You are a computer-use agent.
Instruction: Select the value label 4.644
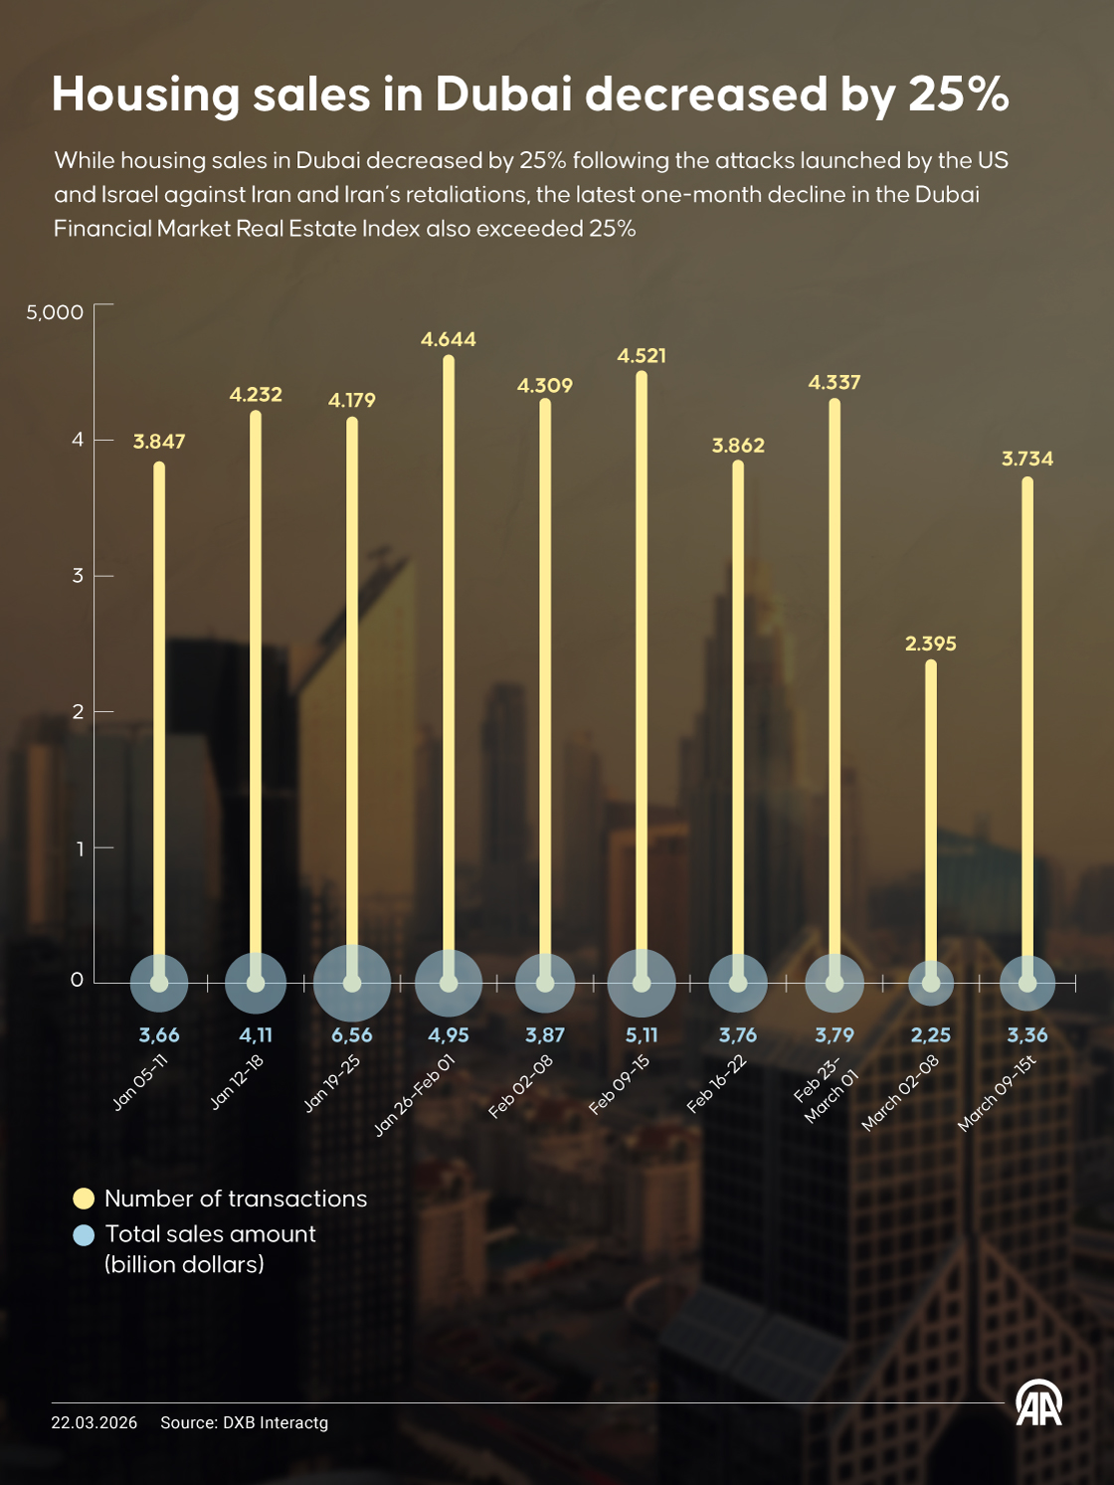tap(449, 340)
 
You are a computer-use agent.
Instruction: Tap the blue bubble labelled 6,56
tap(352, 983)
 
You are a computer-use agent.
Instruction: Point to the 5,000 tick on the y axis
tap(55, 312)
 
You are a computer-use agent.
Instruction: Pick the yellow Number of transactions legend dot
tap(84, 1199)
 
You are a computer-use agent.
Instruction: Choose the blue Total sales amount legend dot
tap(84, 1234)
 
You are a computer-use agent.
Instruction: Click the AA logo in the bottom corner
tap(1038, 1403)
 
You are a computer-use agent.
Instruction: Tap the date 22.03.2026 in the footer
tap(94, 1423)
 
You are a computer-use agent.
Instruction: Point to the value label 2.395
tap(931, 645)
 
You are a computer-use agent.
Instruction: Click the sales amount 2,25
tap(931, 1035)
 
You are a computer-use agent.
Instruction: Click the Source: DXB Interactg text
tap(245, 1423)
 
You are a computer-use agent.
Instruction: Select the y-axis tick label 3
tap(78, 576)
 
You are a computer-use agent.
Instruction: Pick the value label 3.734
tap(1027, 460)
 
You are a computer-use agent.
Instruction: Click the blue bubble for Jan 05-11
tap(159, 983)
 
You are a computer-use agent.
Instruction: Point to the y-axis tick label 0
tap(78, 980)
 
